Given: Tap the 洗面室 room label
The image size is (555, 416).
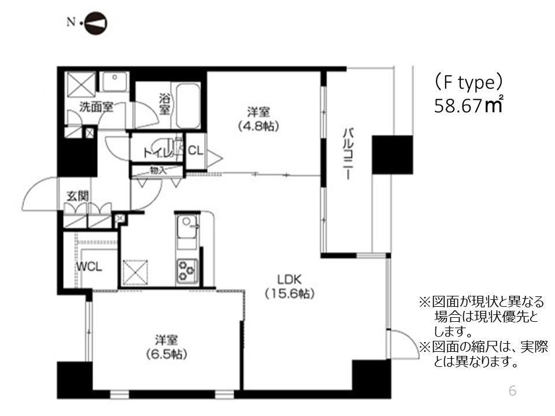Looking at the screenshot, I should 95,107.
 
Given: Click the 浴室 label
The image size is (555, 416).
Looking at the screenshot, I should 165,103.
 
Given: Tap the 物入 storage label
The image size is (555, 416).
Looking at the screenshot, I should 157,170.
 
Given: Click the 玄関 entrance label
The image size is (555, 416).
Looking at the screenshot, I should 76,196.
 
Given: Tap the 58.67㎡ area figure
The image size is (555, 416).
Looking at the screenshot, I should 468,106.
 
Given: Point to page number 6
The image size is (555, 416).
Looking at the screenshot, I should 512,391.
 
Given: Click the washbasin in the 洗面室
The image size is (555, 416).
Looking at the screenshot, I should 115,81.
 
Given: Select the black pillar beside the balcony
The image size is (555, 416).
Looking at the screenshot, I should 392,154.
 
